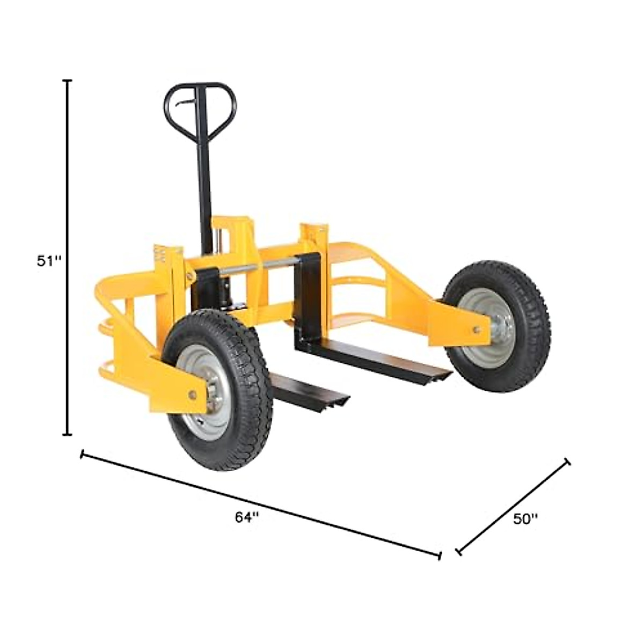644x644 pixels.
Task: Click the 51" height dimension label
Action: point(49,261)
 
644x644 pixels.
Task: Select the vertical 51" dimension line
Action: point(68,258)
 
